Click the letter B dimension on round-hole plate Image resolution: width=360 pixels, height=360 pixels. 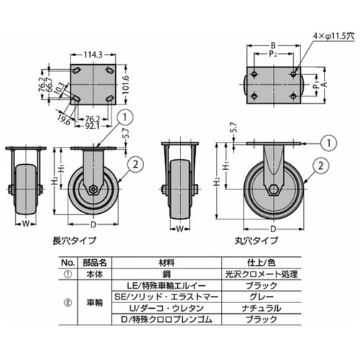tap(273, 46)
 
